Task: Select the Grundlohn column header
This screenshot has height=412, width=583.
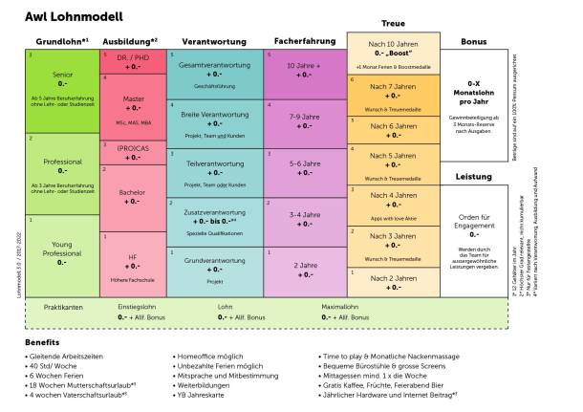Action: [x=62, y=42]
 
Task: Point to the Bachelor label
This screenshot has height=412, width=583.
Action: [x=133, y=192]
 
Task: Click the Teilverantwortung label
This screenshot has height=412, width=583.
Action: [x=207, y=163]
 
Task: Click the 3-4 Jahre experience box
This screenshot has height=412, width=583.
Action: [x=305, y=221]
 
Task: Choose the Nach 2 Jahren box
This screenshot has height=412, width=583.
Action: [x=393, y=282]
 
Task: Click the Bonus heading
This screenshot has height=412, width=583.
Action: [x=473, y=42]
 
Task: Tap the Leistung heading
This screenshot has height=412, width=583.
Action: [x=473, y=178]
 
